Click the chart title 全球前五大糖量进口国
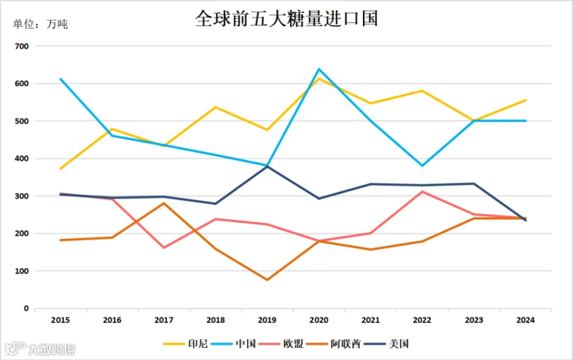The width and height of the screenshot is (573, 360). (x=286, y=18)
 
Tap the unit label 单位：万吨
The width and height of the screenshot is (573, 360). (x=40, y=24)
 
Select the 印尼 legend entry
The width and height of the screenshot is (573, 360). (x=185, y=343)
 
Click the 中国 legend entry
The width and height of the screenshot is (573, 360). (x=233, y=343)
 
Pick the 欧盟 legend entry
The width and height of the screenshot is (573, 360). (x=281, y=343)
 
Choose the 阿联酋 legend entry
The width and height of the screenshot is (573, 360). (x=333, y=343)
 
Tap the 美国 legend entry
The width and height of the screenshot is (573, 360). (x=386, y=343)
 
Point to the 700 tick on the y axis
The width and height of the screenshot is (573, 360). (x=22, y=47)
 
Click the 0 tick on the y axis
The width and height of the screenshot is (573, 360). (x=26, y=308)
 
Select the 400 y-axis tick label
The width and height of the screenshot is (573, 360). (x=22, y=159)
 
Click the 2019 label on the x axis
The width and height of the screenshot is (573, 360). (x=267, y=320)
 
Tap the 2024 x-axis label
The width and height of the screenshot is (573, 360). (x=525, y=320)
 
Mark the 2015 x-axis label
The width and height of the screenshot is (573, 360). (x=60, y=320)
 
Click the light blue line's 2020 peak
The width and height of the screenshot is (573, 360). (x=319, y=69)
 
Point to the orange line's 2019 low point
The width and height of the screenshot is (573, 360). (x=267, y=280)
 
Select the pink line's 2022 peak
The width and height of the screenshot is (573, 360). (x=423, y=191)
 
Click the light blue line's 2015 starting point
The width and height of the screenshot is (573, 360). (x=60, y=78)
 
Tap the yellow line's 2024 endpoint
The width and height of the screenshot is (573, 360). (x=526, y=100)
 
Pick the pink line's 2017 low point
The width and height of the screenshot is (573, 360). (x=164, y=248)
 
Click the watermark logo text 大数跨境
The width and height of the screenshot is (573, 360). (x=52, y=349)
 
